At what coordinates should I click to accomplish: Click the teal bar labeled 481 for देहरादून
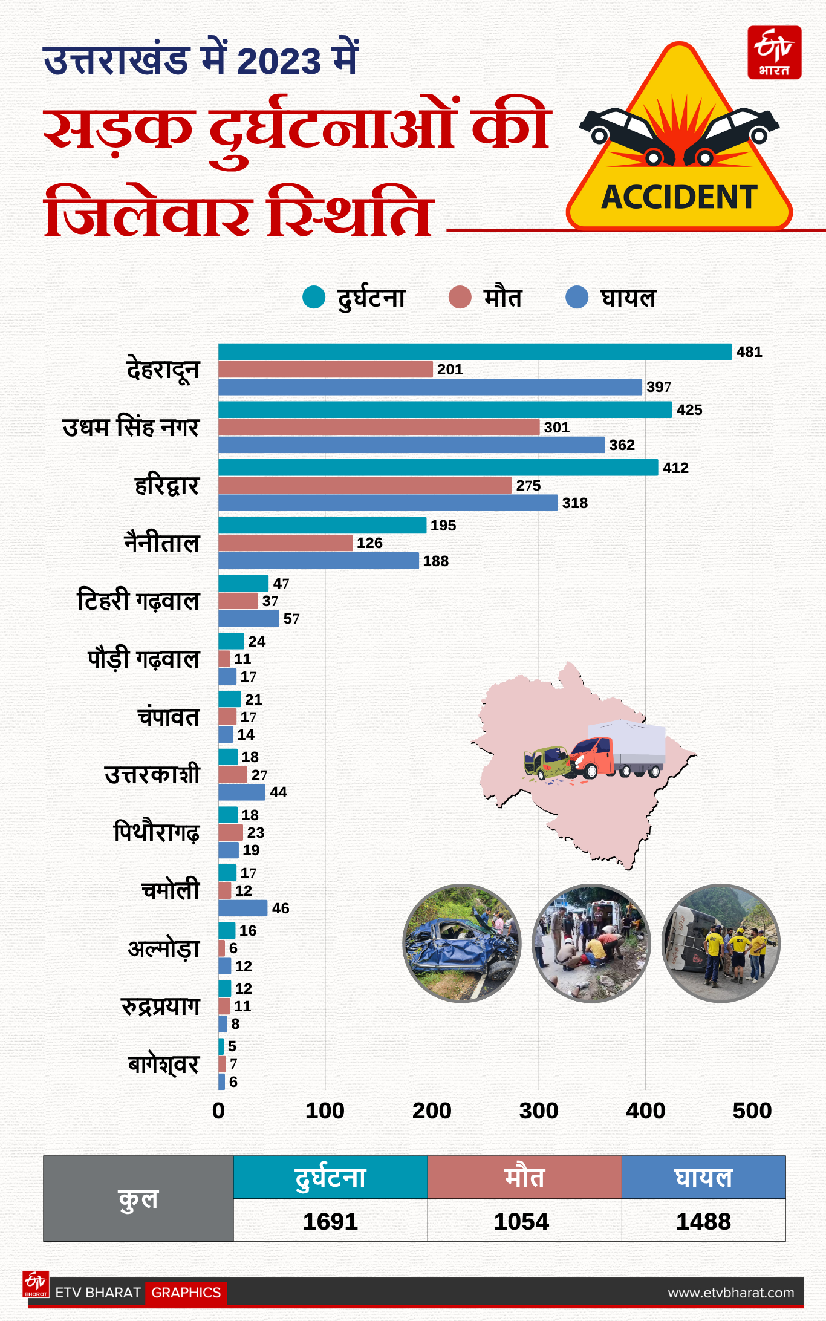[x=475, y=352]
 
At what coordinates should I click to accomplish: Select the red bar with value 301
[x=379, y=428]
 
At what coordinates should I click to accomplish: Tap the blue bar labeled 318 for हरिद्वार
[x=388, y=503]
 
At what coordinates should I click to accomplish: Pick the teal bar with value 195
[x=322, y=526]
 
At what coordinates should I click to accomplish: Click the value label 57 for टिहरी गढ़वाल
[x=291, y=619]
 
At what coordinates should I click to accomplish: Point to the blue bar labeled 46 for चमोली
[x=242, y=908]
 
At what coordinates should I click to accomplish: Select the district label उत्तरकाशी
[x=152, y=775]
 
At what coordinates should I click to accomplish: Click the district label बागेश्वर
[x=163, y=1065]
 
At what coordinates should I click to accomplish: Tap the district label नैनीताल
[x=162, y=543]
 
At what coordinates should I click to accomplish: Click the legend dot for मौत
[x=460, y=298]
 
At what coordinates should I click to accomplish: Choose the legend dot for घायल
[x=577, y=298]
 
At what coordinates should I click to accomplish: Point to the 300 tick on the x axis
[x=538, y=1111]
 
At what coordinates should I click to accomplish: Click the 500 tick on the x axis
[x=752, y=1111]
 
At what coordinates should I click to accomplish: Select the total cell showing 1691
[x=330, y=1221]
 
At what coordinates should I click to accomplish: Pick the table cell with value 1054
[x=521, y=1221]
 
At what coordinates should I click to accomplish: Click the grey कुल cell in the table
[x=138, y=1199]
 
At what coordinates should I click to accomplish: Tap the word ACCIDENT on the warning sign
[x=679, y=197]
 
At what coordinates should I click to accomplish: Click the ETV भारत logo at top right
[x=775, y=53]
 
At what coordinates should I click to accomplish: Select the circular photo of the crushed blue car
[x=462, y=943]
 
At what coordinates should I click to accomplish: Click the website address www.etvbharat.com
[x=730, y=1293]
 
